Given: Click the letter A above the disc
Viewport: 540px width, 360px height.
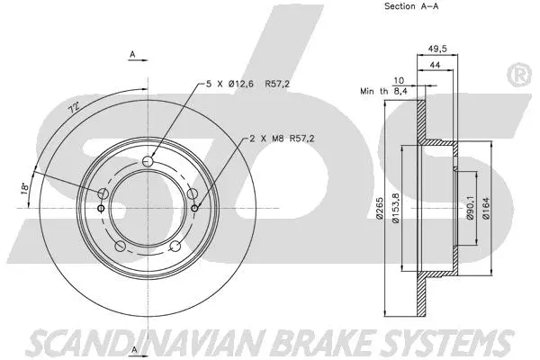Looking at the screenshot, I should [x=133, y=55].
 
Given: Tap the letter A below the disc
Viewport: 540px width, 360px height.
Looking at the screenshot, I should [x=133, y=348].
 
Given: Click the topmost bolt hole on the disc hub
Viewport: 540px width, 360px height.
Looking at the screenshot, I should [x=149, y=161].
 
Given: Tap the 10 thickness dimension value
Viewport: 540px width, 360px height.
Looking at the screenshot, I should [x=400, y=79].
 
